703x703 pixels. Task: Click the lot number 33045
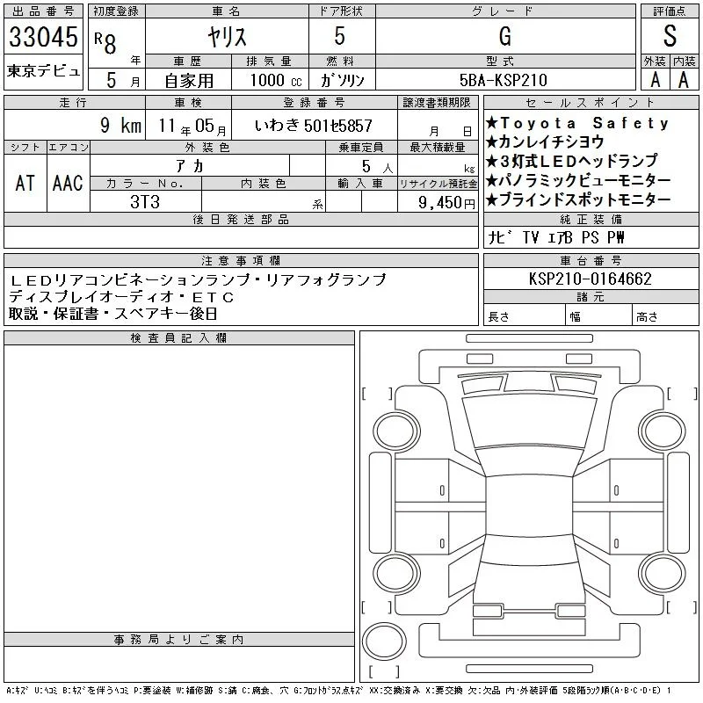[43, 37]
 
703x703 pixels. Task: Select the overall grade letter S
[670, 36]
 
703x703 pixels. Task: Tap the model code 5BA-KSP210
[504, 80]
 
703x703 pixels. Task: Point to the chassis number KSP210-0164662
[590, 279]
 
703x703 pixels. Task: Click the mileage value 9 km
[120, 125]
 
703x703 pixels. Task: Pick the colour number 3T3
[145, 202]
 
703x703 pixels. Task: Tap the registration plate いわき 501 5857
[314, 126]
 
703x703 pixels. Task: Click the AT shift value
[25, 183]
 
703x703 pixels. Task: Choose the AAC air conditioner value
[68, 183]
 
